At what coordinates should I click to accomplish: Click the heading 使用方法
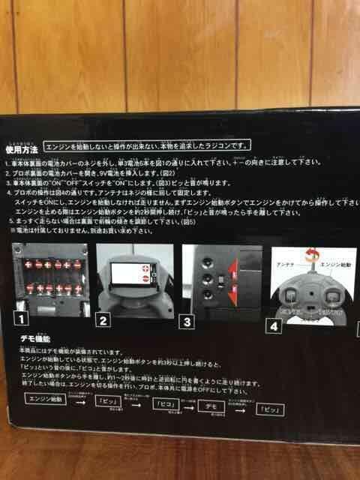[22, 149]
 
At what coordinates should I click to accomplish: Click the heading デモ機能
[35, 340]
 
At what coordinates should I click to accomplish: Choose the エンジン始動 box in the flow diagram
[46, 399]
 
